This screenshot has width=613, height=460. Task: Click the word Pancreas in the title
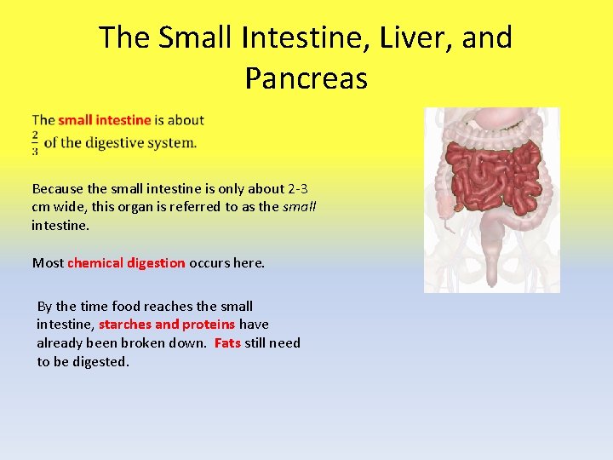pyautogui.click(x=306, y=78)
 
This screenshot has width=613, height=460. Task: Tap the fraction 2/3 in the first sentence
pyautogui.click(x=36, y=143)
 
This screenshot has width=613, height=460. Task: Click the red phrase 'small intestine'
pyautogui.click(x=104, y=120)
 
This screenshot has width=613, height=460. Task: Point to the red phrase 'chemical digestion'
pyautogui.click(x=126, y=262)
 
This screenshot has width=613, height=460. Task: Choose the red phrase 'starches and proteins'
pyautogui.click(x=167, y=324)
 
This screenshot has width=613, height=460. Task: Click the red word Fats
pyautogui.click(x=227, y=342)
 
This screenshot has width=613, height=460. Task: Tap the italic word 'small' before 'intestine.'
pyautogui.click(x=299, y=207)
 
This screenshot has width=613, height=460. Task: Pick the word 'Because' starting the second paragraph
pyautogui.click(x=58, y=188)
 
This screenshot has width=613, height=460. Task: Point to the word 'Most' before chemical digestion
pyautogui.click(x=48, y=262)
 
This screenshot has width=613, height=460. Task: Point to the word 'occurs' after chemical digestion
pyautogui.click(x=209, y=262)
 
